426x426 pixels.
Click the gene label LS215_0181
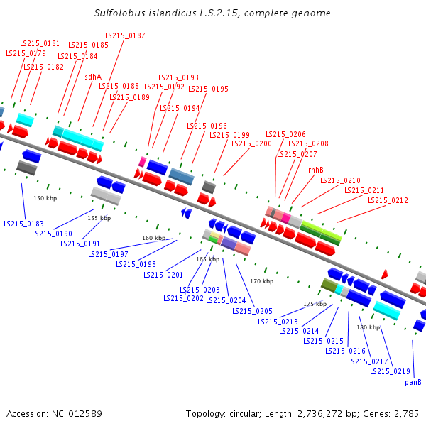point(40,43)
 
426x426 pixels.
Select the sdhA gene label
point(93,77)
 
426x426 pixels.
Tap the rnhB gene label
point(316,170)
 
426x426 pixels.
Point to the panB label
point(413,382)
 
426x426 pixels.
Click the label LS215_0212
point(388,200)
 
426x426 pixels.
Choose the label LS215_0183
point(23,224)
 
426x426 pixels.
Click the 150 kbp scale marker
point(45,198)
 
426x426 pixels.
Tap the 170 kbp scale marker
point(261,281)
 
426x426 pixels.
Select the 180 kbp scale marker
point(368,327)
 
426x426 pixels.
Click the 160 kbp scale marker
point(153,238)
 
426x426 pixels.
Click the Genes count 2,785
point(404,413)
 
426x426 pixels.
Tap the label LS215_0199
point(229,135)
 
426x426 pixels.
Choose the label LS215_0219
point(390,371)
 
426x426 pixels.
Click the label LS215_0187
point(125,35)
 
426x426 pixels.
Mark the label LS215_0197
point(109,254)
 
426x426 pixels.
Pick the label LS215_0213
point(278,322)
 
